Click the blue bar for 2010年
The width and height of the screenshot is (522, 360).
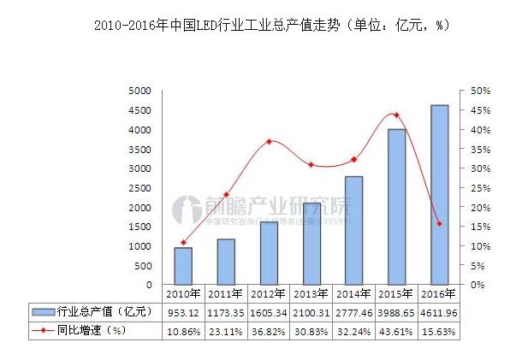click(183, 266)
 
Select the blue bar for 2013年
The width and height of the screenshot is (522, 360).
click(311, 244)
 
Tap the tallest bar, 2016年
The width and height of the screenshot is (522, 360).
click(439, 195)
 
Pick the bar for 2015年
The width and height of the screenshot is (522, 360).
click(396, 207)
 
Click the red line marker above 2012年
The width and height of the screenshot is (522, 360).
click(269, 141)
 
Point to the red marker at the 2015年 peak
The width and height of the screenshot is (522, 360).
click(396, 115)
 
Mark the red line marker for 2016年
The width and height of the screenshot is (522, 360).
click(439, 224)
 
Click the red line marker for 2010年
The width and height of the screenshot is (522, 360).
click(183, 242)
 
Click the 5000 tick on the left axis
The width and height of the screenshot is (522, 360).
click(139, 91)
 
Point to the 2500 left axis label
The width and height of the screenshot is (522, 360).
click(139, 188)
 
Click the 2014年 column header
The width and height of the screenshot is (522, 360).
click(353, 293)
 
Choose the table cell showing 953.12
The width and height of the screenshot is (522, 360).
click(183, 311)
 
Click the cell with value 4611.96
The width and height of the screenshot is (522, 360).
click(439, 311)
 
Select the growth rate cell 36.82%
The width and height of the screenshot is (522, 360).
click(269, 330)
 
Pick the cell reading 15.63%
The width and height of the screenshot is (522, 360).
click(439, 330)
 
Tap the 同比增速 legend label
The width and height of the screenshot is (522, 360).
click(86, 330)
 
